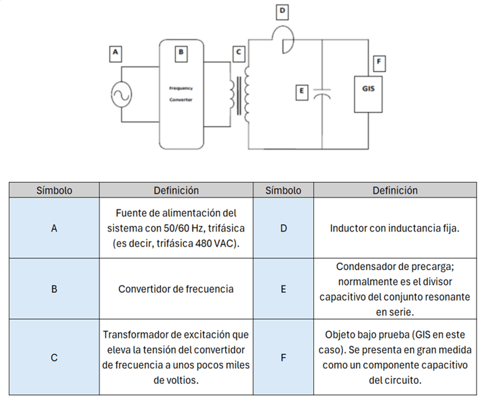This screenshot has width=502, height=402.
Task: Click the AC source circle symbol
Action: click(122, 94)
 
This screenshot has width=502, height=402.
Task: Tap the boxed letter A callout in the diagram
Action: click(115, 53)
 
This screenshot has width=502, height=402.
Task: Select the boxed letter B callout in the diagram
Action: click(181, 53)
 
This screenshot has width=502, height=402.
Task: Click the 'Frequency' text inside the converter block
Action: click(181, 88)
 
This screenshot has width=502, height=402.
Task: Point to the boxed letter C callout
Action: click(239, 53)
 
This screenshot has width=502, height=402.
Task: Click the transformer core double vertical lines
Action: click(239, 95)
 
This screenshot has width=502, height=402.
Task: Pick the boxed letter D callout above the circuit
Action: click(282, 12)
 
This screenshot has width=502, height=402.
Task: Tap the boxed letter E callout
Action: click(301, 93)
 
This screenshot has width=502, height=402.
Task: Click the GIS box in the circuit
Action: click(368, 94)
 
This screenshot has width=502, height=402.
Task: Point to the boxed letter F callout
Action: click(379, 63)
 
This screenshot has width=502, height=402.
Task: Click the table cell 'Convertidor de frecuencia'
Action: click(176, 289)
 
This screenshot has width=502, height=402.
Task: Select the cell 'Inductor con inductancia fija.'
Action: click(395, 228)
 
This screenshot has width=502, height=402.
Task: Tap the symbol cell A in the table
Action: click(54, 228)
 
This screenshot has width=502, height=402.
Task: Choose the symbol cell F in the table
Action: click(283, 357)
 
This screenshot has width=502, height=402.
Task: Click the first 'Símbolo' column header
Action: click(54, 191)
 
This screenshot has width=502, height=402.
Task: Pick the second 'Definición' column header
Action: click(395, 191)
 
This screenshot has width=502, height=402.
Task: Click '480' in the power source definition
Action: click(203, 243)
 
